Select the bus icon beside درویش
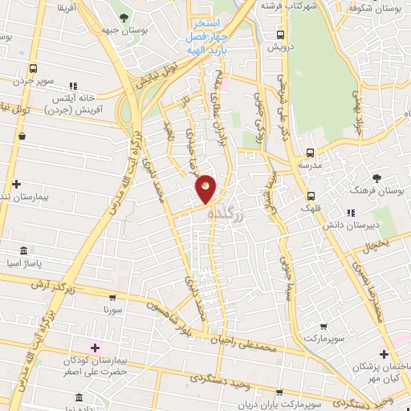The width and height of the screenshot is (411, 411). coord(280,35)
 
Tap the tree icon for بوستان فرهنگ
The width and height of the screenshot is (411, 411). coord(375,177)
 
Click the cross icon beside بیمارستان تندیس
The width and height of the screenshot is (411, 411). coord(16,184)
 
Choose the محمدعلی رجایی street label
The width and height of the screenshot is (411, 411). coord(251,344)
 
